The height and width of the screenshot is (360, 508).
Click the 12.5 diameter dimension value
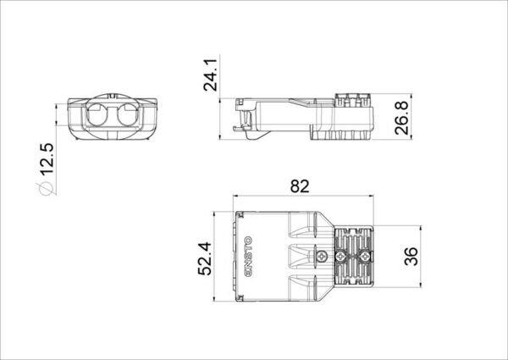[47, 159]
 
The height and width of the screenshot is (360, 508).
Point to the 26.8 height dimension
[401, 118]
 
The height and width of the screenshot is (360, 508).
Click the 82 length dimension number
[300, 186]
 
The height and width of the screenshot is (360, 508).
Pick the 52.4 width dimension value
[205, 258]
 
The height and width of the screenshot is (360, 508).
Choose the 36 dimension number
[411, 257]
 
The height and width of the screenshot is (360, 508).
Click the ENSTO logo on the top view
[248, 257]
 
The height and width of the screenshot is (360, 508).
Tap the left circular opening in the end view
[97, 114]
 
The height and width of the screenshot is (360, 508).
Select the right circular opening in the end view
[127, 114]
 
